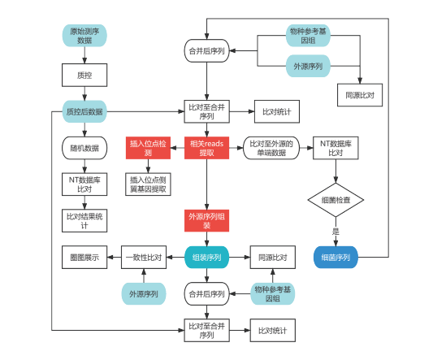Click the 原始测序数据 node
[84, 35]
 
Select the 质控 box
[84, 75]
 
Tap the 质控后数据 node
[84, 111]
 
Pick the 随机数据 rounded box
[84, 148]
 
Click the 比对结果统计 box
[84, 221]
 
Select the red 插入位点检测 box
[148, 148]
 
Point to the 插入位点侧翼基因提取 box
[148, 184]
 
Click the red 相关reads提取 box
[207, 148]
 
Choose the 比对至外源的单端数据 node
[271, 148]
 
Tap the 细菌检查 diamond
[336, 200]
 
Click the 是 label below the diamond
[336, 231]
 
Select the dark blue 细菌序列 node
[336, 258]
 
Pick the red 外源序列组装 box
[207, 221]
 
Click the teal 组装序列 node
[207, 258]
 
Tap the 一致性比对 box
[144, 258]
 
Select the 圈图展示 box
[84, 258]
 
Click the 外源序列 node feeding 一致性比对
[144, 293]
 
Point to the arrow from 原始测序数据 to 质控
[84, 55]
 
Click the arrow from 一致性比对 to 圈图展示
[114, 258]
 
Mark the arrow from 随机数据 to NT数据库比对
[84, 167]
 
